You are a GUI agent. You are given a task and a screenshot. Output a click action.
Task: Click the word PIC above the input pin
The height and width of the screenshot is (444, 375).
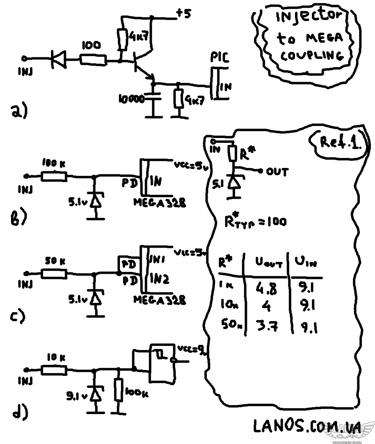(x=220, y=58)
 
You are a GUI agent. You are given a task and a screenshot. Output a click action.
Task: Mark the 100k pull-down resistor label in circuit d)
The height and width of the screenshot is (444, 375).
(x=137, y=393)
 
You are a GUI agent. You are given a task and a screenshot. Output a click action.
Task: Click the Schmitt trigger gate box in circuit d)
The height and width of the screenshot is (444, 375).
(x=162, y=363)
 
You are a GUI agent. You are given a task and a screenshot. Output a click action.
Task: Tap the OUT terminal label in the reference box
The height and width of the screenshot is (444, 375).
(x=277, y=172)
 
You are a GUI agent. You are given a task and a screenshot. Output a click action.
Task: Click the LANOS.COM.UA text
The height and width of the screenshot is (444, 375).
(x=307, y=427)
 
